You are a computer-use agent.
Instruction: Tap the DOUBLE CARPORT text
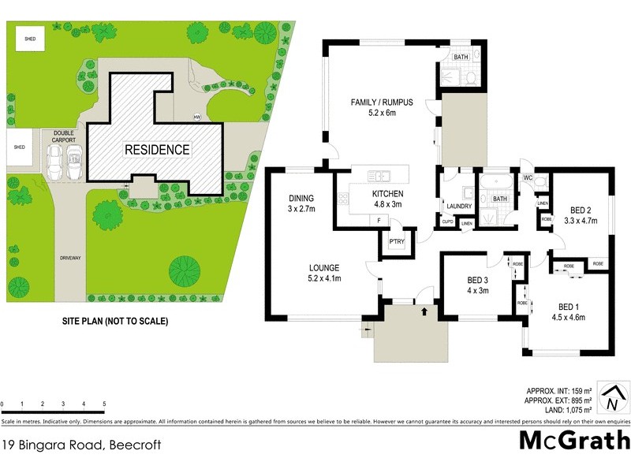pyautogui.click(x=64, y=137)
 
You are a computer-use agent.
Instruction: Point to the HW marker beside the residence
pyautogui.click(x=196, y=118)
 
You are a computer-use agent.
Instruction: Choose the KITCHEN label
pyautogui.click(x=387, y=193)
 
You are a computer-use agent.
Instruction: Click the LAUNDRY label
pyautogui.click(x=458, y=207)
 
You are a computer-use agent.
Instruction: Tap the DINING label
pyautogui.click(x=301, y=199)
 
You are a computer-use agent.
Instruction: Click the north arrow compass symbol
pyautogui.click(x=612, y=399)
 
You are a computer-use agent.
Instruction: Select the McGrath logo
pyautogui.click(x=574, y=440)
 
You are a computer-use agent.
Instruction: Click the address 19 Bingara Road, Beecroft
pyautogui.click(x=81, y=445)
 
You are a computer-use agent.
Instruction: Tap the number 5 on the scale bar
pyautogui.click(x=104, y=404)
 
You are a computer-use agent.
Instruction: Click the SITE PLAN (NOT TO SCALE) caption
pyautogui.click(x=115, y=322)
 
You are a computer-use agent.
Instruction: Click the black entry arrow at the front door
pyautogui.click(x=424, y=312)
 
